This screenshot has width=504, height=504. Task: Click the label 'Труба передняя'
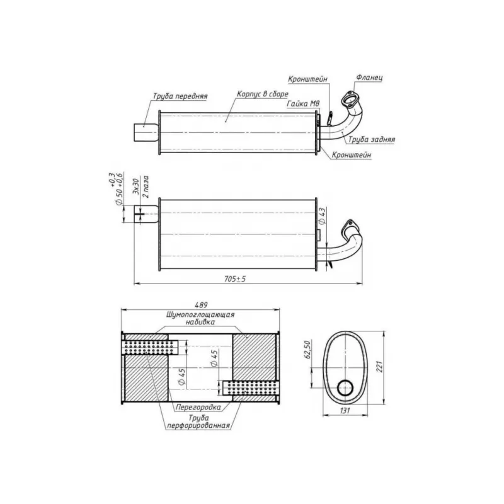pyautogui.click(x=180, y=96)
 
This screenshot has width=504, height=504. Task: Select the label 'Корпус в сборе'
pyautogui.click(x=262, y=94)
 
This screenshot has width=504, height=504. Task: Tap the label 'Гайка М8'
pyautogui.click(x=303, y=104)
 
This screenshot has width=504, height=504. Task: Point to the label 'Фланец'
pyautogui.click(x=369, y=77)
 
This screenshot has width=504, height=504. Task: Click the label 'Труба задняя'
pyautogui.click(x=372, y=139)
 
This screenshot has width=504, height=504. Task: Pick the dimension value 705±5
pyautogui.click(x=234, y=279)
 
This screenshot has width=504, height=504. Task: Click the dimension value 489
pyautogui.click(x=201, y=305)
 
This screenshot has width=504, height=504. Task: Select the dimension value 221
pyautogui.click(x=380, y=367)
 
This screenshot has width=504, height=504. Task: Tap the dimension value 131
pyautogui.click(x=345, y=411)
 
